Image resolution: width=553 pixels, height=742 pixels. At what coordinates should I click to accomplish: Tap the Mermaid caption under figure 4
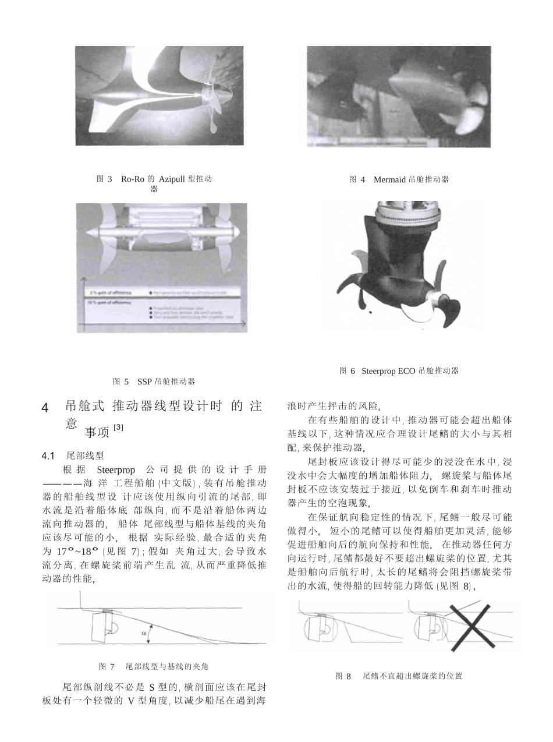399,179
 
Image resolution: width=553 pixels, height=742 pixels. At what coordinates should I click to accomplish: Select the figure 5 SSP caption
154,381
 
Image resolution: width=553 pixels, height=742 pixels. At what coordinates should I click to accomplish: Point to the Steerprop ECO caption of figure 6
399,370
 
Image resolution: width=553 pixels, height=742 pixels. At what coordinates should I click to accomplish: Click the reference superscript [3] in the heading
118,427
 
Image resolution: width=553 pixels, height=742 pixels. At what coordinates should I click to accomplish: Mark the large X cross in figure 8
472,623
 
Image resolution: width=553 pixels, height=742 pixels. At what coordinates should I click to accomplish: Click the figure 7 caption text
154,666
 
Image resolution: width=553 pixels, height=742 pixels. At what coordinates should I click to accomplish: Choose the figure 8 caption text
399,676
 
